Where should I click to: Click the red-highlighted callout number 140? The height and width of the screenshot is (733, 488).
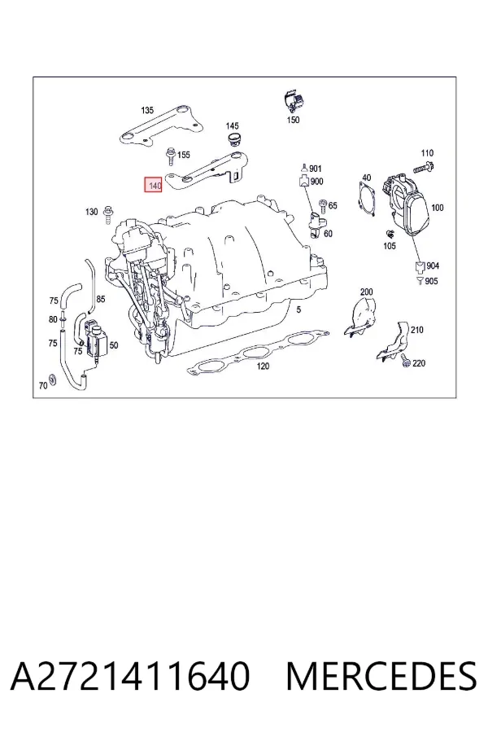click(154, 185)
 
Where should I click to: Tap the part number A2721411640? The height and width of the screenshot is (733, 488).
click(130, 676)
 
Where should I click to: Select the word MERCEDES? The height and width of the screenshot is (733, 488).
click(381, 676)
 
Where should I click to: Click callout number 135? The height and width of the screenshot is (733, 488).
click(147, 110)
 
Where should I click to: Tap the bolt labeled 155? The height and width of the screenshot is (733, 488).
click(171, 156)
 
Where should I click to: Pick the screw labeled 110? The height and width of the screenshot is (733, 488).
click(424, 166)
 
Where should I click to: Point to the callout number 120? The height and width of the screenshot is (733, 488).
click(263, 366)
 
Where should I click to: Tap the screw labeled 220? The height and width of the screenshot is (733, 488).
click(405, 360)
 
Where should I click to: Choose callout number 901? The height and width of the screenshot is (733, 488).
click(316, 169)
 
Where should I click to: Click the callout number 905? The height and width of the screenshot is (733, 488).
click(432, 281)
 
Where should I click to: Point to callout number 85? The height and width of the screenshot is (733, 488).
click(101, 299)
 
